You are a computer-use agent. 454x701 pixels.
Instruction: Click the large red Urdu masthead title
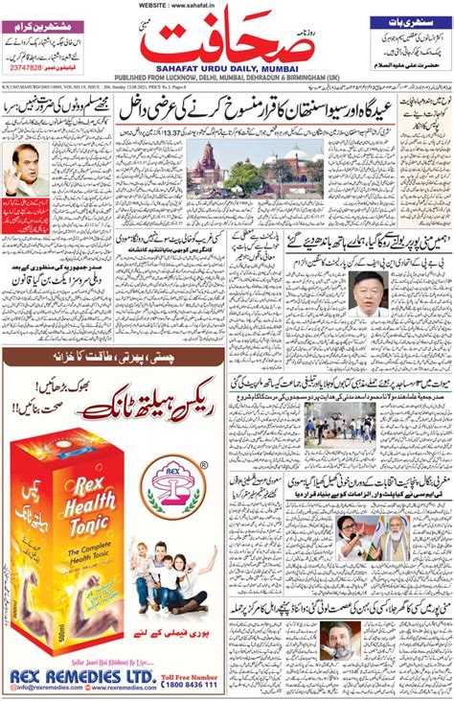click(x=226, y=43)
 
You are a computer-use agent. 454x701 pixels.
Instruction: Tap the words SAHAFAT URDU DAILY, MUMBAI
click(x=226, y=70)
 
